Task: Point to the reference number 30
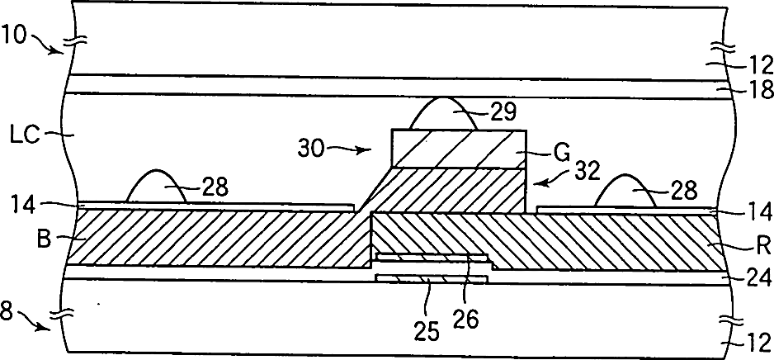pos(311,149)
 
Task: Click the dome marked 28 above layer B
pos(156,188)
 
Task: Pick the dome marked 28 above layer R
pos(625,192)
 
